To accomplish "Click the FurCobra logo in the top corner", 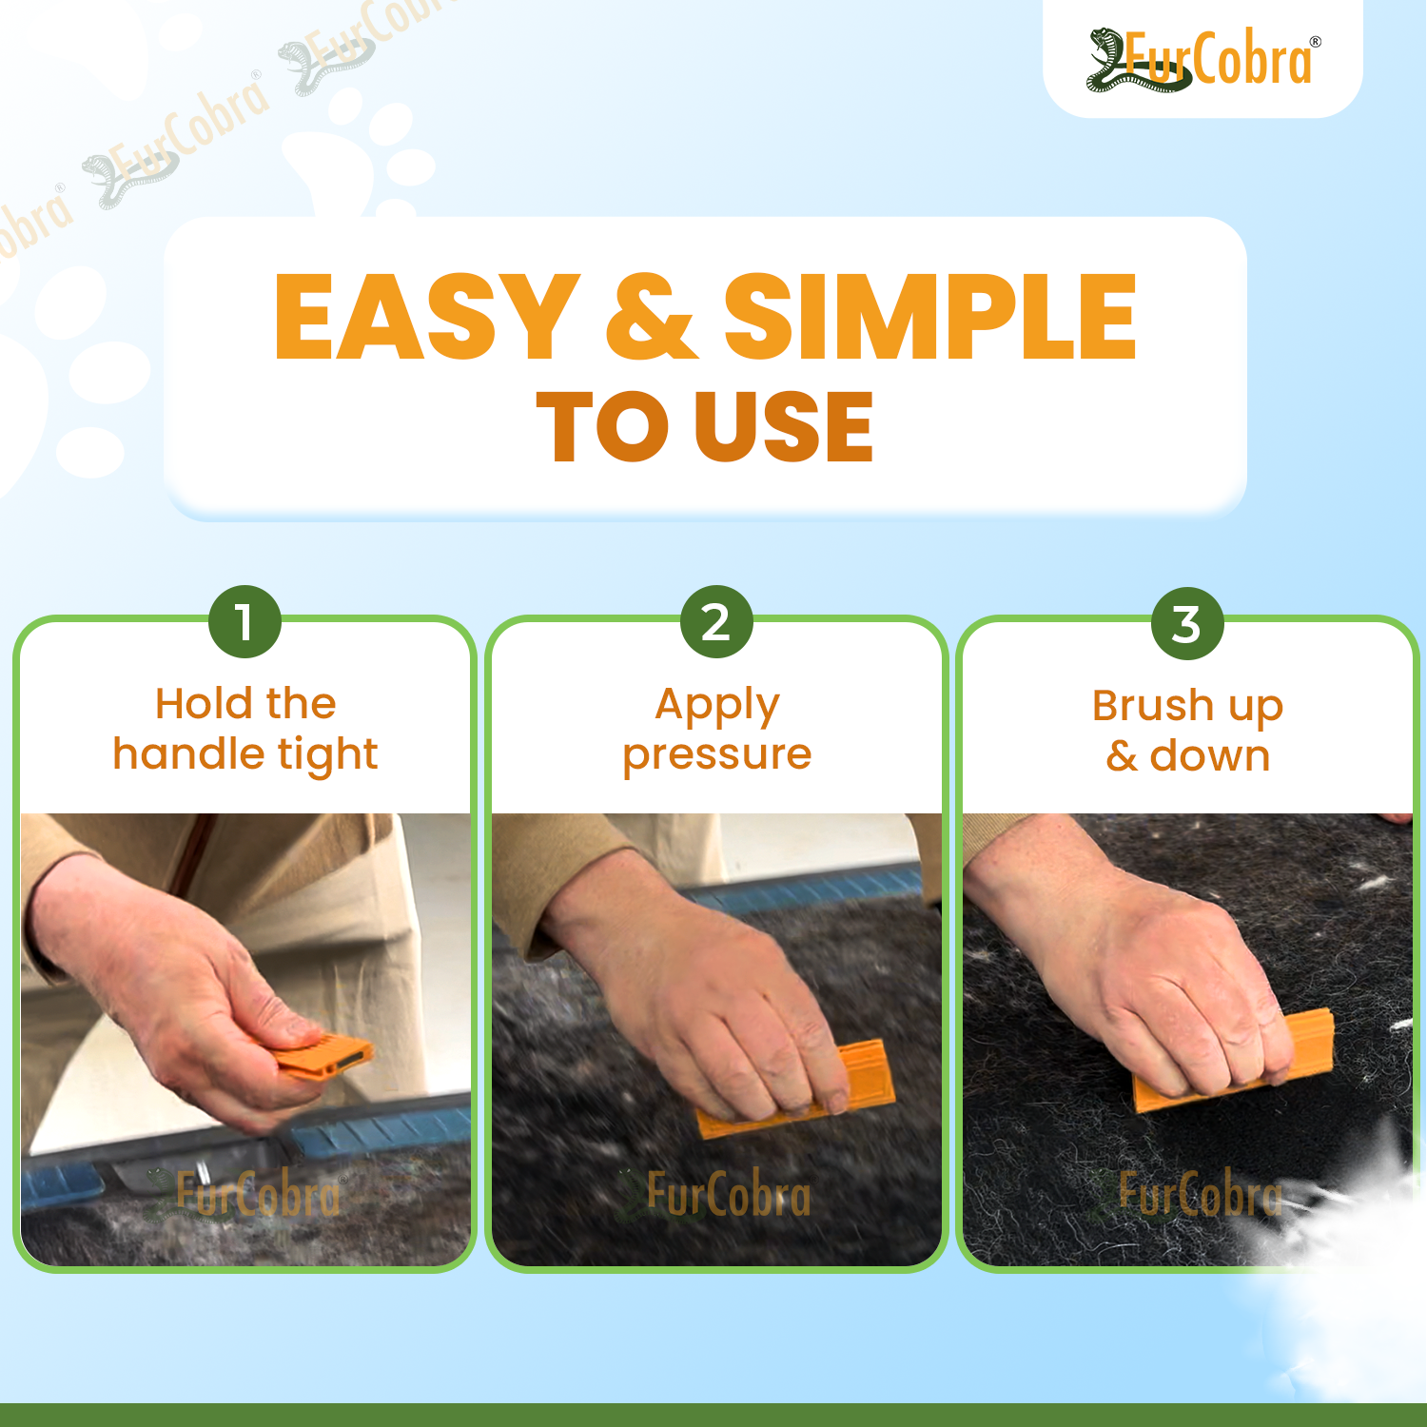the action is click(x=1203, y=60).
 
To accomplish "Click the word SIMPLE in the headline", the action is click(x=930, y=317).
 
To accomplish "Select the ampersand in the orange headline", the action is click(x=652, y=317).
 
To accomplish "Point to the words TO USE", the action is click(x=705, y=427).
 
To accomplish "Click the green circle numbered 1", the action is click(x=244, y=622).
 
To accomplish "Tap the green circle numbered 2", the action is click(x=716, y=622).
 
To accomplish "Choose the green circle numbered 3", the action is click(x=1187, y=624).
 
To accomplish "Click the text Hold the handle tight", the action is click(x=245, y=730).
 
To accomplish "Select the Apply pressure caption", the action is click(x=717, y=730).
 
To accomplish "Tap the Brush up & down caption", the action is click(x=1188, y=731).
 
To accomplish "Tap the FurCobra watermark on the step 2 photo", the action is click(x=713, y=1195).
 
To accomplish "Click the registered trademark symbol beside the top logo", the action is click(x=1316, y=42).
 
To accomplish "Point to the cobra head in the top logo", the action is click(x=1104, y=44).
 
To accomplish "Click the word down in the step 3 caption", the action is click(x=1210, y=756).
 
